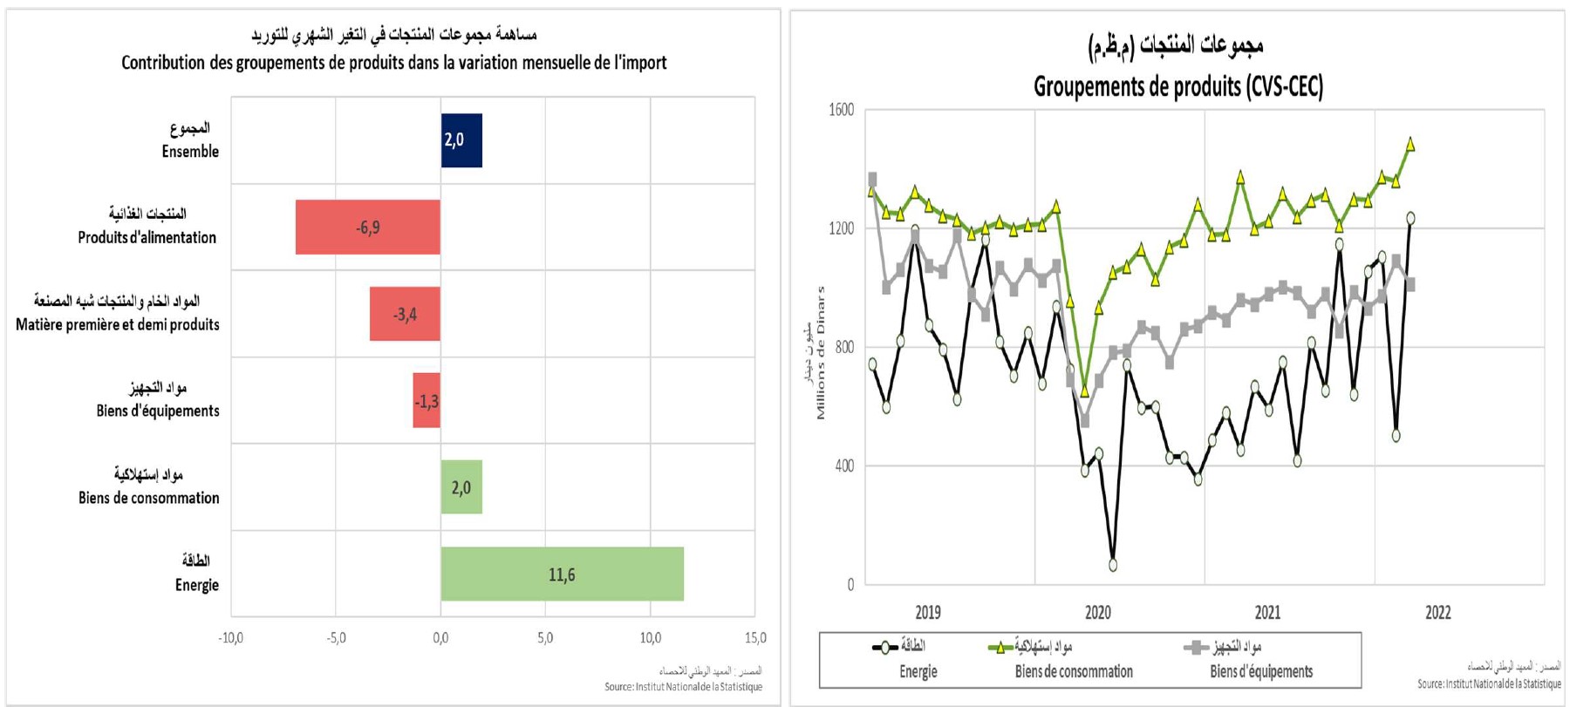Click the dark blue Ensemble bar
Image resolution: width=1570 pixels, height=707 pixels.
(461, 140)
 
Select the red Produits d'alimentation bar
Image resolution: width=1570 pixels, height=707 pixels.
(367, 228)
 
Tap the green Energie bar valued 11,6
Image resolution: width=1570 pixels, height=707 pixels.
(562, 574)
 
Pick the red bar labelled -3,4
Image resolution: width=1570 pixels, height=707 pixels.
(405, 314)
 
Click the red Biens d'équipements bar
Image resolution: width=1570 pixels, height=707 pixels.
(427, 401)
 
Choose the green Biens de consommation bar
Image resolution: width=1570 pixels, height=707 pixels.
(461, 487)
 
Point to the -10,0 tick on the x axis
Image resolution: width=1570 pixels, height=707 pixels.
(230, 638)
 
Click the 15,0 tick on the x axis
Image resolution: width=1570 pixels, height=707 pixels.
(755, 638)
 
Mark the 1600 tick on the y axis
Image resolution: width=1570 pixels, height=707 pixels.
(841, 110)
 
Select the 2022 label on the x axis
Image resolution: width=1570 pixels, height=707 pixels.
(1437, 613)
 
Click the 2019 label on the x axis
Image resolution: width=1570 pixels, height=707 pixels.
(928, 613)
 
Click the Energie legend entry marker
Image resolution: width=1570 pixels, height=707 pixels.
(885, 648)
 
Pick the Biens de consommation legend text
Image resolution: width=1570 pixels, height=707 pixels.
(1074, 672)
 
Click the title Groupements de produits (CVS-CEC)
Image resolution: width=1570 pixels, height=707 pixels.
(1177, 86)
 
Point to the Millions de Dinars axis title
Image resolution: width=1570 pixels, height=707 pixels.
(821, 353)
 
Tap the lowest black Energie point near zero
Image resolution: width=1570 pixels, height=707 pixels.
(1113, 565)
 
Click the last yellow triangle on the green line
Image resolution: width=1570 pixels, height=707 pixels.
(1410, 145)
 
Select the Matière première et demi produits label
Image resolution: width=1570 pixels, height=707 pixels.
(118, 324)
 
